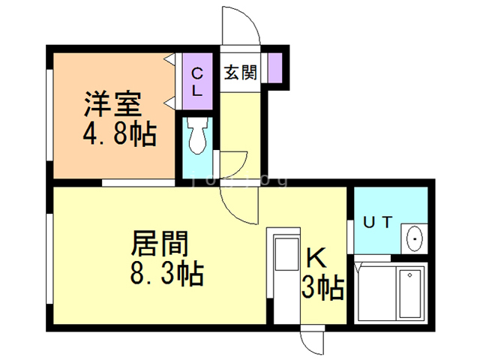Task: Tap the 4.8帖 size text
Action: point(118,135)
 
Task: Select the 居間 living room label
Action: point(159,244)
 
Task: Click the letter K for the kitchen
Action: point(316,258)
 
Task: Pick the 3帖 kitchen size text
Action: point(322,286)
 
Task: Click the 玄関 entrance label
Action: point(240,73)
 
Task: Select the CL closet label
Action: point(196,82)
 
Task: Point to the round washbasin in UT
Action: point(414,238)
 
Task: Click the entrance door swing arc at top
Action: point(241,26)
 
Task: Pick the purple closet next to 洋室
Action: point(196,81)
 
